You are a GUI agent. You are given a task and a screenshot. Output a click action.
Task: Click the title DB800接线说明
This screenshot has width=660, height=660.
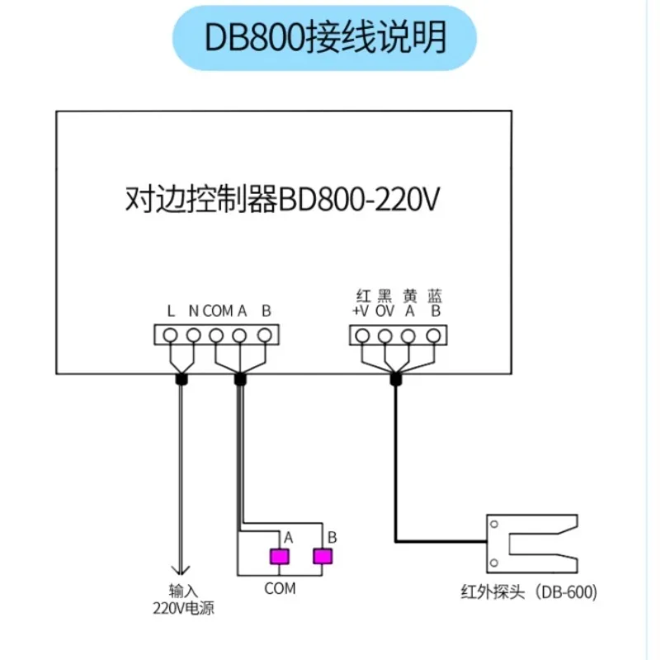[x=325, y=37]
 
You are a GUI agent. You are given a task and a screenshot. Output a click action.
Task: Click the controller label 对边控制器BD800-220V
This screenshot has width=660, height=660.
[x=282, y=199]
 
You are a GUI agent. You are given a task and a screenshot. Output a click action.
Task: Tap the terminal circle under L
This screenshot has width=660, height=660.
[x=170, y=336]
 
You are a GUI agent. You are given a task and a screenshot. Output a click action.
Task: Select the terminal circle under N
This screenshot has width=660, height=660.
[x=194, y=336]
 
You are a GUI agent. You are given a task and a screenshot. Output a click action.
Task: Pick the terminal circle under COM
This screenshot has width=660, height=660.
[x=216, y=336]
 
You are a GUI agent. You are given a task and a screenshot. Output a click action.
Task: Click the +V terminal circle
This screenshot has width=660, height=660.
[x=362, y=336]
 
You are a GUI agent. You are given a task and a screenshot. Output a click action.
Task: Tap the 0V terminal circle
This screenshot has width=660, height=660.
[x=385, y=336]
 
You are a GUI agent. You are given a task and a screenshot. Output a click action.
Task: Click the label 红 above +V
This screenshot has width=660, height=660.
[x=363, y=296]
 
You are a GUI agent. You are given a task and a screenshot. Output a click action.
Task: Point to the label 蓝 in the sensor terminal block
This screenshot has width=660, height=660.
[x=435, y=296]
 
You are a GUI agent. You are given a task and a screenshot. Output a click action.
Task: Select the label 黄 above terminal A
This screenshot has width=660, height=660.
[x=410, y=296]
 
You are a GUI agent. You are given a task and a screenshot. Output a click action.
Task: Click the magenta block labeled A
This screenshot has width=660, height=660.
[x=280, y=556]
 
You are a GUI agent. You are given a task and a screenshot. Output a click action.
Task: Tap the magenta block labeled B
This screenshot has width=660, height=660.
[x=323, y=556]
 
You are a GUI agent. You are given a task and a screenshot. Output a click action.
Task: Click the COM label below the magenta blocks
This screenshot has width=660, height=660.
[x=280, y=588]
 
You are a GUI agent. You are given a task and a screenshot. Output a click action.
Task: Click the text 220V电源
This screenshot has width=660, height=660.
[x=183, y=608]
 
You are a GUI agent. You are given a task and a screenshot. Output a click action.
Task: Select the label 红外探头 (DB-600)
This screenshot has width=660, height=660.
[x=529, y=592]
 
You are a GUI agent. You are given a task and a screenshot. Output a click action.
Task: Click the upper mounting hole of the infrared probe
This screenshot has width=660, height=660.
[x=494, y=524]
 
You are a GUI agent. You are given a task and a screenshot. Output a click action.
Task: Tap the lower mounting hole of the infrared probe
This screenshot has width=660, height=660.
[x=494, y=563]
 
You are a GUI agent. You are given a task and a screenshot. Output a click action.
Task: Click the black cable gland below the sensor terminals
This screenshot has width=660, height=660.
[x=395, y=379]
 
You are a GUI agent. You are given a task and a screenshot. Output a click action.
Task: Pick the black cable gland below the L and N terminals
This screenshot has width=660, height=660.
[x=181, y=379]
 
